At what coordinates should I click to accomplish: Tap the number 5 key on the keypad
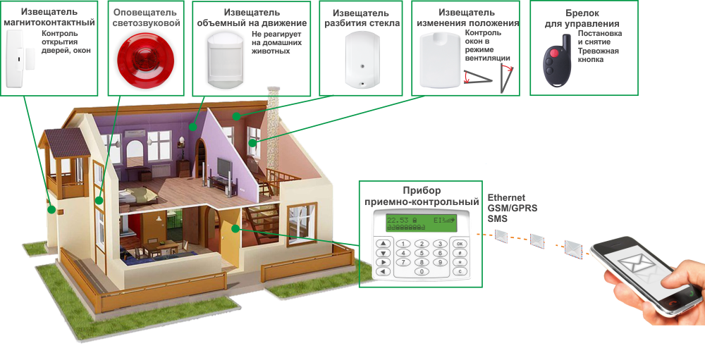pos(421,253)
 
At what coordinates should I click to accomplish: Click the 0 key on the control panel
pos(421,271)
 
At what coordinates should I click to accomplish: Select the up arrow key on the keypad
pos(383,244)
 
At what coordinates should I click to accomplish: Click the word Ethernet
pos(506,199)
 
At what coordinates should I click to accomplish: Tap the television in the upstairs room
pos(224,168)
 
